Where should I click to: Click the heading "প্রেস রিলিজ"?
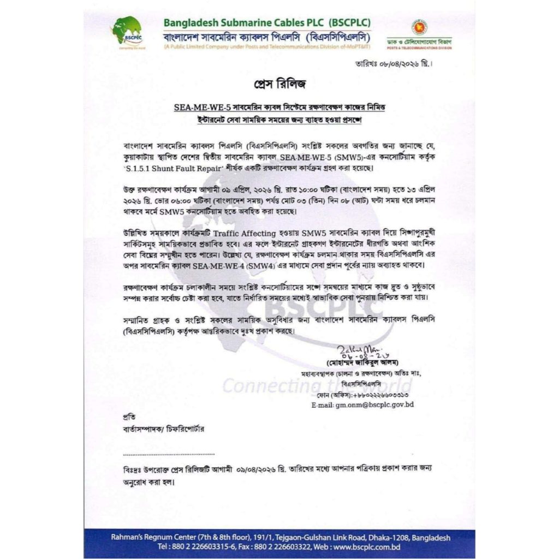click(280, 85)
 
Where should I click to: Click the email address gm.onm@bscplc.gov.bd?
click(362, 405)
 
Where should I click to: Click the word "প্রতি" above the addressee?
click(129, 417)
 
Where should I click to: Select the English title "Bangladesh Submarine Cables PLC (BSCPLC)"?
click(267, 23)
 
